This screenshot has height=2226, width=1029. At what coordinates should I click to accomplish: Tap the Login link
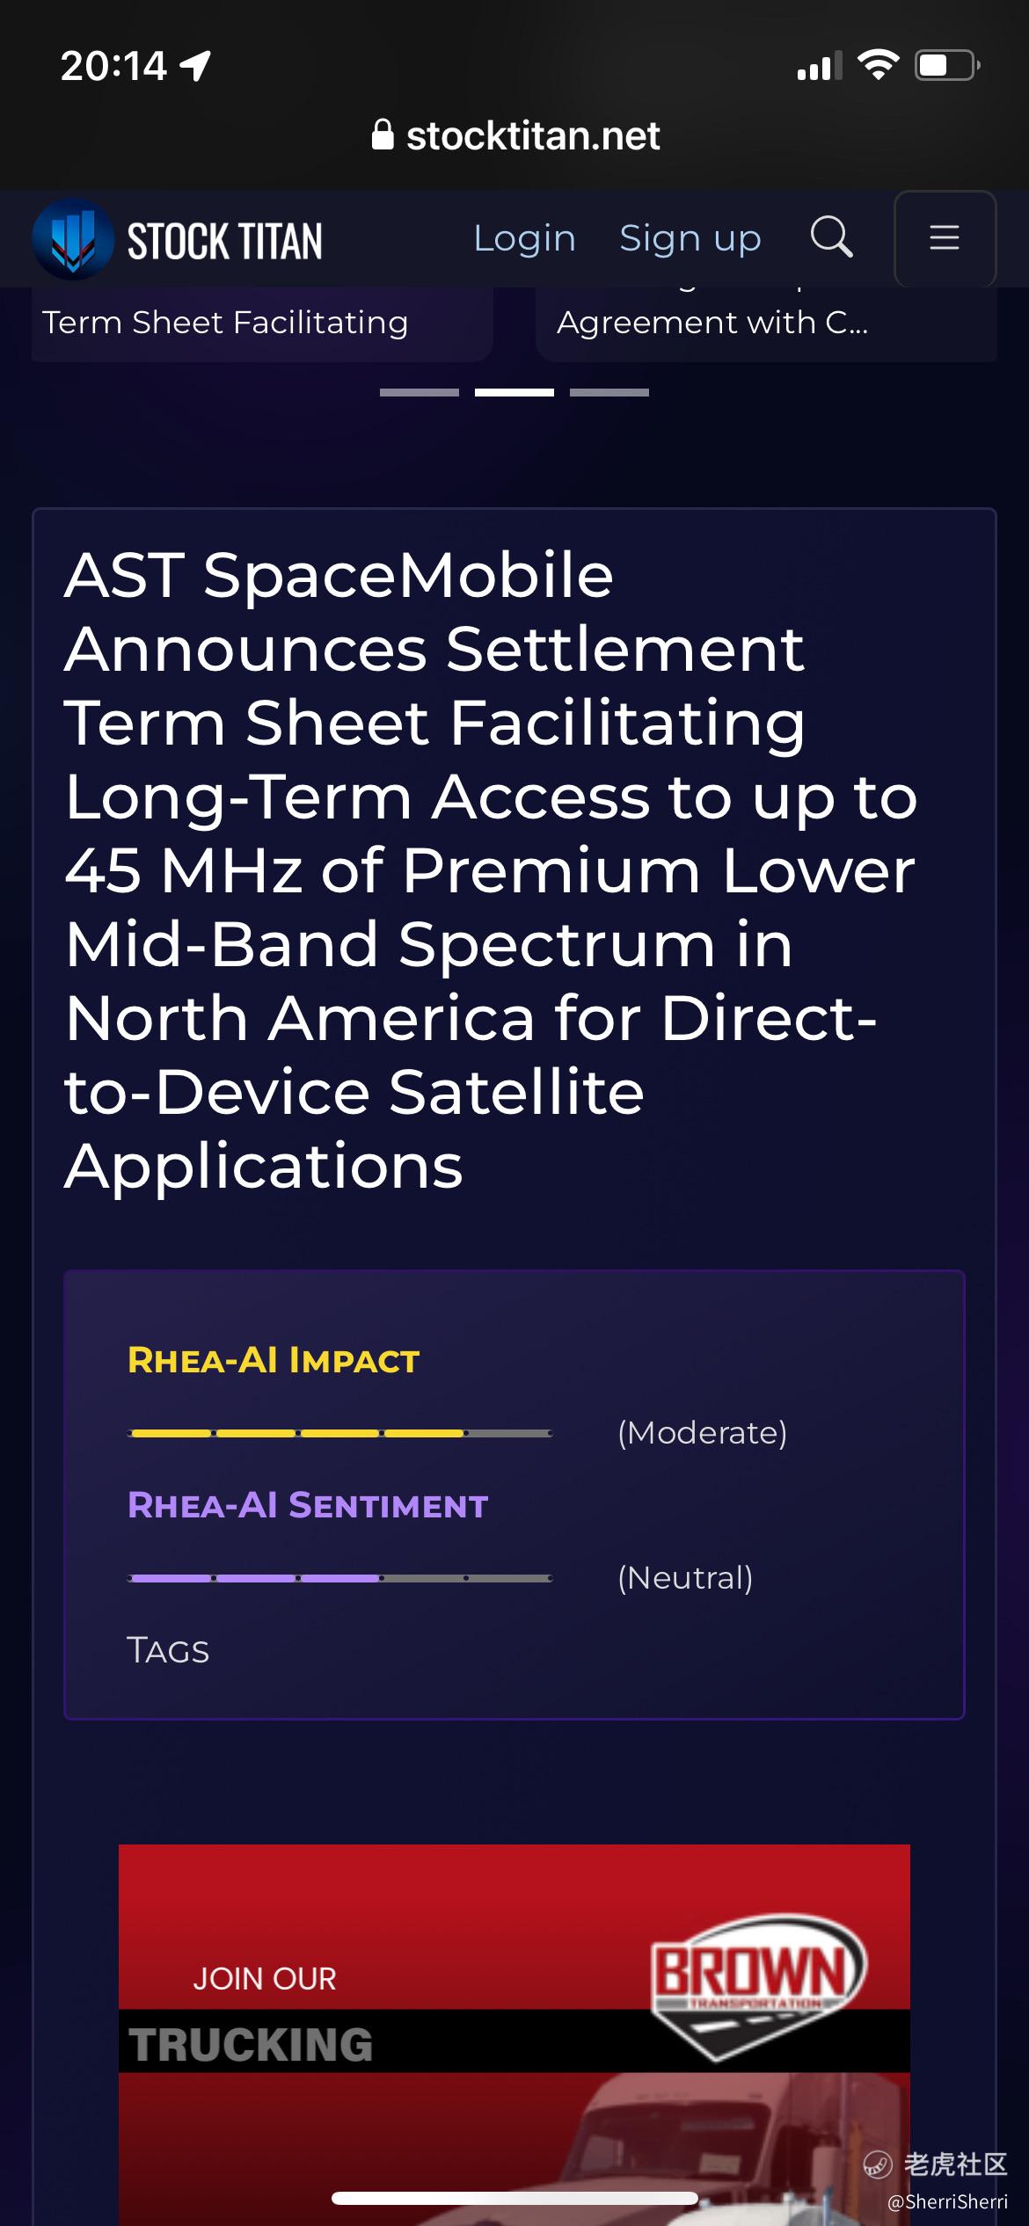click(x=524, y=239)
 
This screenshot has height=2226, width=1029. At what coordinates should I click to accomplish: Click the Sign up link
click(x=690, y=239)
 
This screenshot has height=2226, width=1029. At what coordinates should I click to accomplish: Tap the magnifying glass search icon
click(x=831, y=236)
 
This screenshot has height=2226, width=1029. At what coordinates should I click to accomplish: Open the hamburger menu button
click(x=945, y=238)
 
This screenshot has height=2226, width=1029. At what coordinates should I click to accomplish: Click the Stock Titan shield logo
click(x=73, y=239)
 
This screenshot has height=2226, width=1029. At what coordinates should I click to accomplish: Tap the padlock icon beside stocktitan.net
click(x=383, y=135)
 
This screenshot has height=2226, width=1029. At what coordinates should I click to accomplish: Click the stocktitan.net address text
click(x=533, y=136)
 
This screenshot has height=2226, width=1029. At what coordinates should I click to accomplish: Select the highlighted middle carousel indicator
click(x=514, y=392)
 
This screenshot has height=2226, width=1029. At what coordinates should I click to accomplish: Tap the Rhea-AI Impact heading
click(x=274, y=1360)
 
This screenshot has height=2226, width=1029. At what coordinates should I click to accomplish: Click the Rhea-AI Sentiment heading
click(x=308, y=1505)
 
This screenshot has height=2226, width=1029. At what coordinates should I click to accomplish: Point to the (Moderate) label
click(x=703, y=1433)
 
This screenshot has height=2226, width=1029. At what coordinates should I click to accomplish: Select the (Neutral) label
click(x=685, y=1578)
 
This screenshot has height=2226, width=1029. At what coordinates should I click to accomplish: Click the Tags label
click(x=168, y=1650)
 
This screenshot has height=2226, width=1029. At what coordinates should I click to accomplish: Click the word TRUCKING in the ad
click(x=251, y=2044)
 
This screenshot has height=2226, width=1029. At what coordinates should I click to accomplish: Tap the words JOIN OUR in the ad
click(x=265, y=1979)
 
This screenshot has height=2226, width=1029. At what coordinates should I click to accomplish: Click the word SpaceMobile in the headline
click(x=408, y=576)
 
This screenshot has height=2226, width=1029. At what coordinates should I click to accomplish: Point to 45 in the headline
click(x=103, y=870)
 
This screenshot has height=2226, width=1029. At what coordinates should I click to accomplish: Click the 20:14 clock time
click(x=113, y=66)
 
